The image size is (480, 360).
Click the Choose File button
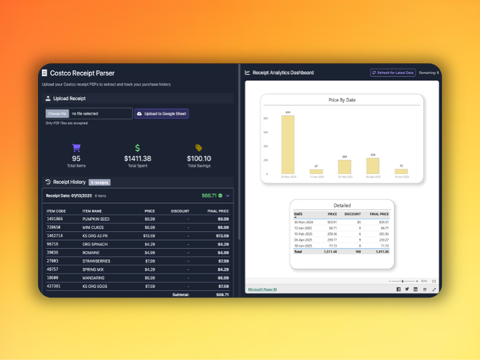point(57,114)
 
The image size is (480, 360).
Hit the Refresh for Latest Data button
point(393,73)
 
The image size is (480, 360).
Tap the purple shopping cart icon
point(76,148)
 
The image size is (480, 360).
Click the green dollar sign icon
point(137,148)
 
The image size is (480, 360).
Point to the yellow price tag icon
point(199,148)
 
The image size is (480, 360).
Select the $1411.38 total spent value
point(137,159)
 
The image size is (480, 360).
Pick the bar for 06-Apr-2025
point(373,166)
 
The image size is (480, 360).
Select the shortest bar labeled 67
point(316,171)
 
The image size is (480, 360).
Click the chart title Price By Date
point(342,100)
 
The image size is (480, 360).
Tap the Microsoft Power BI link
point(262,289)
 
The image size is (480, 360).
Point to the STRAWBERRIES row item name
point(97,261)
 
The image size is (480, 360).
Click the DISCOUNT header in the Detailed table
point(353,214)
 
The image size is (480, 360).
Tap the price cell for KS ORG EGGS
point(150,286)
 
